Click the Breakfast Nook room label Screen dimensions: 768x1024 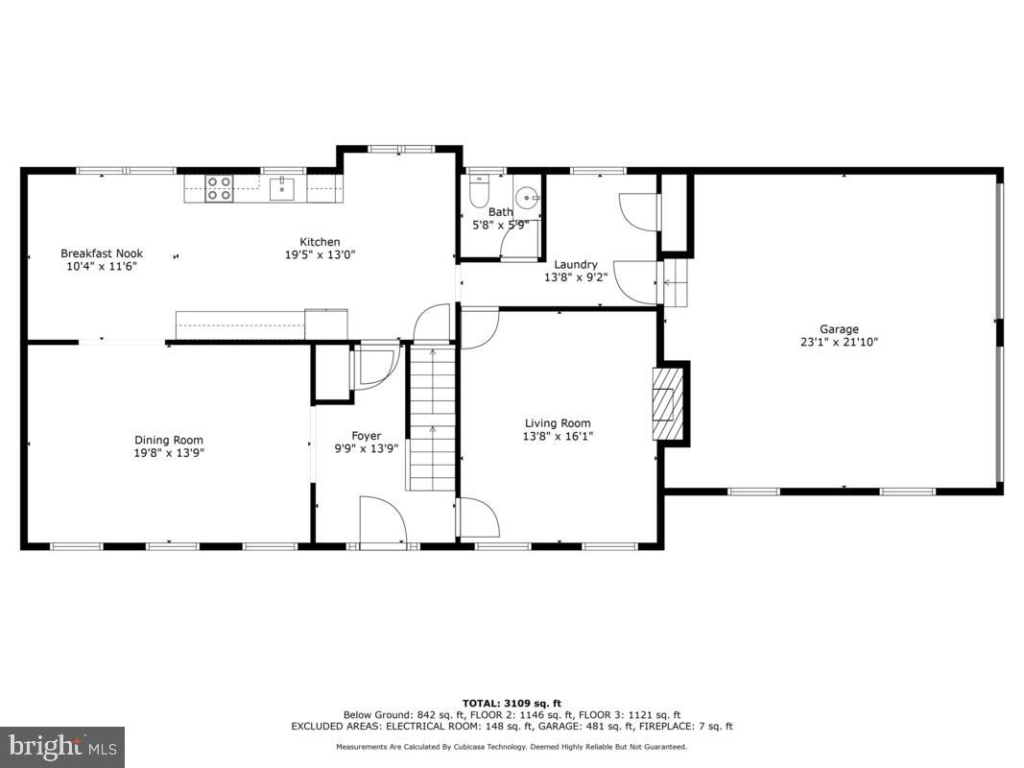point(102,253)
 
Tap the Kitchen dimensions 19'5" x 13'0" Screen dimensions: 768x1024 point(320,255)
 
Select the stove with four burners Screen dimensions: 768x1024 point(219,187)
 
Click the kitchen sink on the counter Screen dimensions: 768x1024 point(281,187)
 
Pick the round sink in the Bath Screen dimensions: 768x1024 point(527,197)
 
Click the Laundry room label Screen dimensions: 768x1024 point(576,264)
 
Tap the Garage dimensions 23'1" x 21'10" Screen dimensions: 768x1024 point(839,342)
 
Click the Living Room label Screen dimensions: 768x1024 point(558,423)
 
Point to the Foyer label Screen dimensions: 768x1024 point(366,436)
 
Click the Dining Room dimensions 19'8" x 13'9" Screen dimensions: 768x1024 point(169,453)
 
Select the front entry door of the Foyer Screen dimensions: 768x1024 point(382,523)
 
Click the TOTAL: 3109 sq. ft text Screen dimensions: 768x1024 point(512,703)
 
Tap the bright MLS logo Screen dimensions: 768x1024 point(62,745)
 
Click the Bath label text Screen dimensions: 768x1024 point(501,212)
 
